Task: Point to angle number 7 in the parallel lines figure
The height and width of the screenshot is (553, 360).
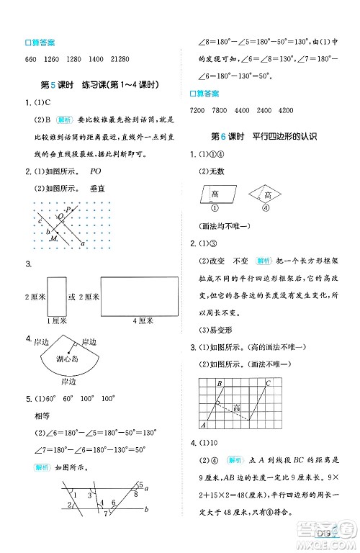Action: (x=106, y=513)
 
